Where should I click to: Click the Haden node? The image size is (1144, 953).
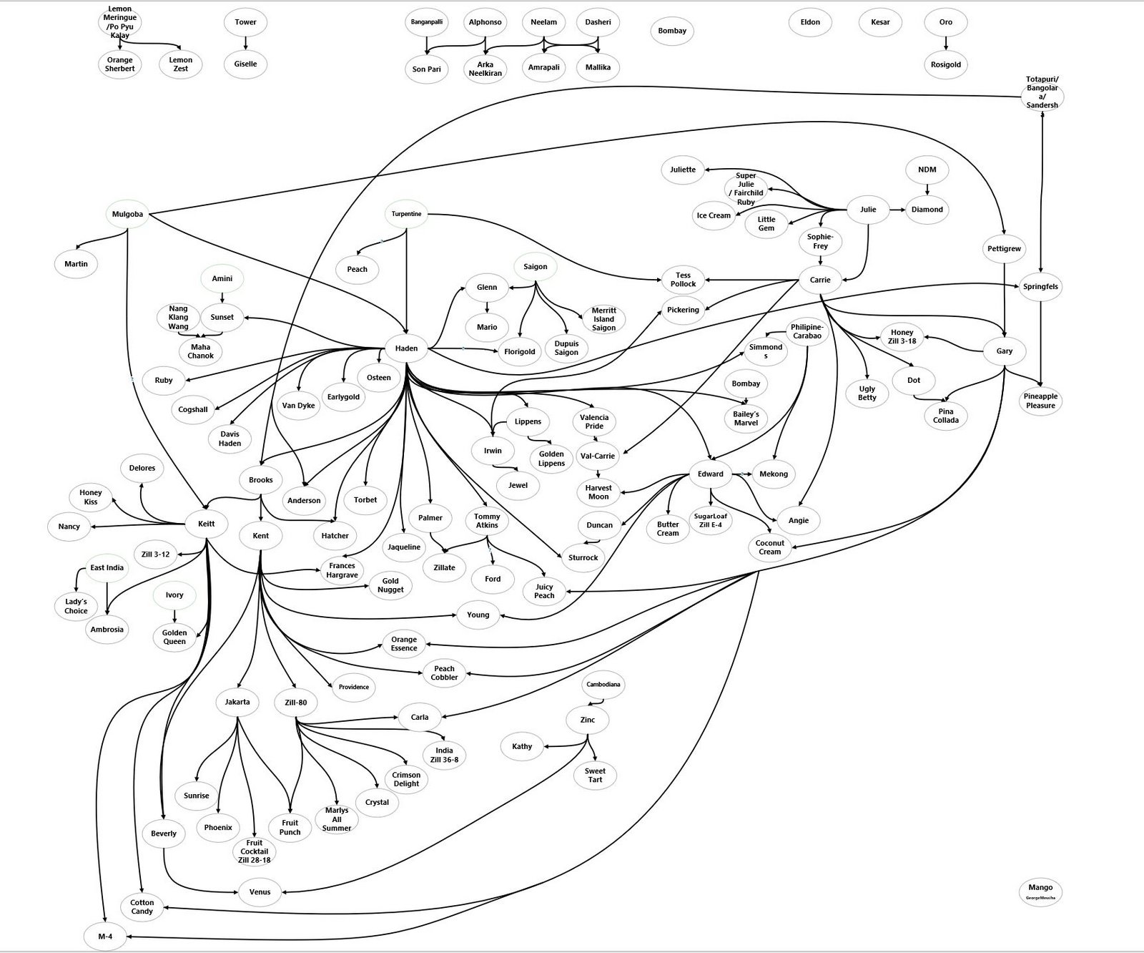click(x=406, y=349)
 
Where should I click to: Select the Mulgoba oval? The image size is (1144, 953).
click(x=127, y=214)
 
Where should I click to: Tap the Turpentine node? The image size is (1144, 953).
click(x=406, y=214)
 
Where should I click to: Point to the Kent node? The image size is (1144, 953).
click(x=261, y=535)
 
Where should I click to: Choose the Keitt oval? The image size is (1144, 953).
click(x=206, y=524)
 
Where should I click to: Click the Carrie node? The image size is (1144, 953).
click(x=820, y=280)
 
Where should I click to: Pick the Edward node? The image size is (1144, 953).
click(x=710, y=474)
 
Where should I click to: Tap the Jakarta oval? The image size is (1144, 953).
click(x=237, y=702)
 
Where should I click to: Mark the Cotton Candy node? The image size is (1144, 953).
click(x=142, y=907)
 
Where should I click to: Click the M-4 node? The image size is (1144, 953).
click(x=105, y=937)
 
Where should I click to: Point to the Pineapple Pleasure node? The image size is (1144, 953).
click(x=1040, y=401)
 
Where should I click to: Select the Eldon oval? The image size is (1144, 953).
click(x=810, y=22)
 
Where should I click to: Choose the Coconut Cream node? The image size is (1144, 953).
click(x=769, y=547)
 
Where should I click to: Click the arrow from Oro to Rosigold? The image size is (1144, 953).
click(x=946, y=44)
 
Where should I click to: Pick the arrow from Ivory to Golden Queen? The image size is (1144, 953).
click(x=174, y=615)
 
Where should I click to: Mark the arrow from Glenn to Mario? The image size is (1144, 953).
click(x=487, y=307)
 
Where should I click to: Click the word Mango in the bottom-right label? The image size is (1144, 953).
click(x=1040, y=887)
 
